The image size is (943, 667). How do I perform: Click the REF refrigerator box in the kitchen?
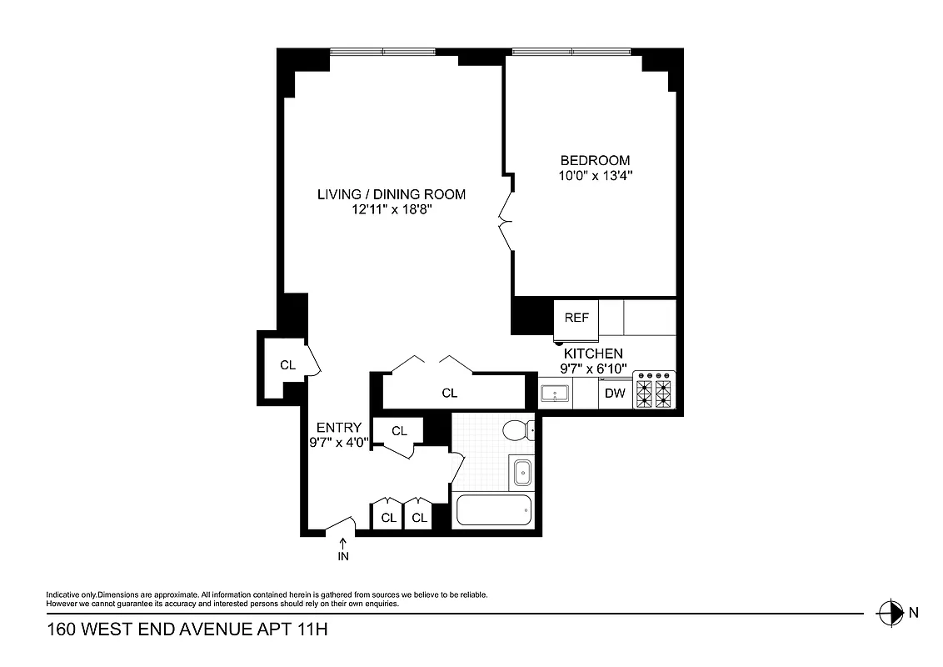point(576,318)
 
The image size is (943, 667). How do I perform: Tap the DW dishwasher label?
point(615,394)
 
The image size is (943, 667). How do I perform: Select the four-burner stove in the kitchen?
point(654,389)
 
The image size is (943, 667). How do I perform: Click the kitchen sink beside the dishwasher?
point(555,392)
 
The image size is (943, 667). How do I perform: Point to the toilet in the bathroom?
point(518,431)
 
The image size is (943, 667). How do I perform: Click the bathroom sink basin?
point(521,472)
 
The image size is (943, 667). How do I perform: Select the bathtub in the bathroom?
point(494,510)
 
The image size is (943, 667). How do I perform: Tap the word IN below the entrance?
point(342,556)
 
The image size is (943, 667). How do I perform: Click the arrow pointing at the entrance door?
point(342,542)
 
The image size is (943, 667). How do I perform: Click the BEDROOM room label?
point(595,160)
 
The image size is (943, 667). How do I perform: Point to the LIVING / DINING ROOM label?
point(391,194)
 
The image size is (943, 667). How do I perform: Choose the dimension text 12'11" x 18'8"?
point(391,211)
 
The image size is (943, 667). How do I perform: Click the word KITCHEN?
point(593,354)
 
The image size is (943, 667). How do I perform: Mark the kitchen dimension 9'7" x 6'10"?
point(593,369)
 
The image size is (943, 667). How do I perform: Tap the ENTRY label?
point(338,428)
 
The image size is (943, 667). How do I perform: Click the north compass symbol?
point(891,612)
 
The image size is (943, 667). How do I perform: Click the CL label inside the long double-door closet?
point(449,393)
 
